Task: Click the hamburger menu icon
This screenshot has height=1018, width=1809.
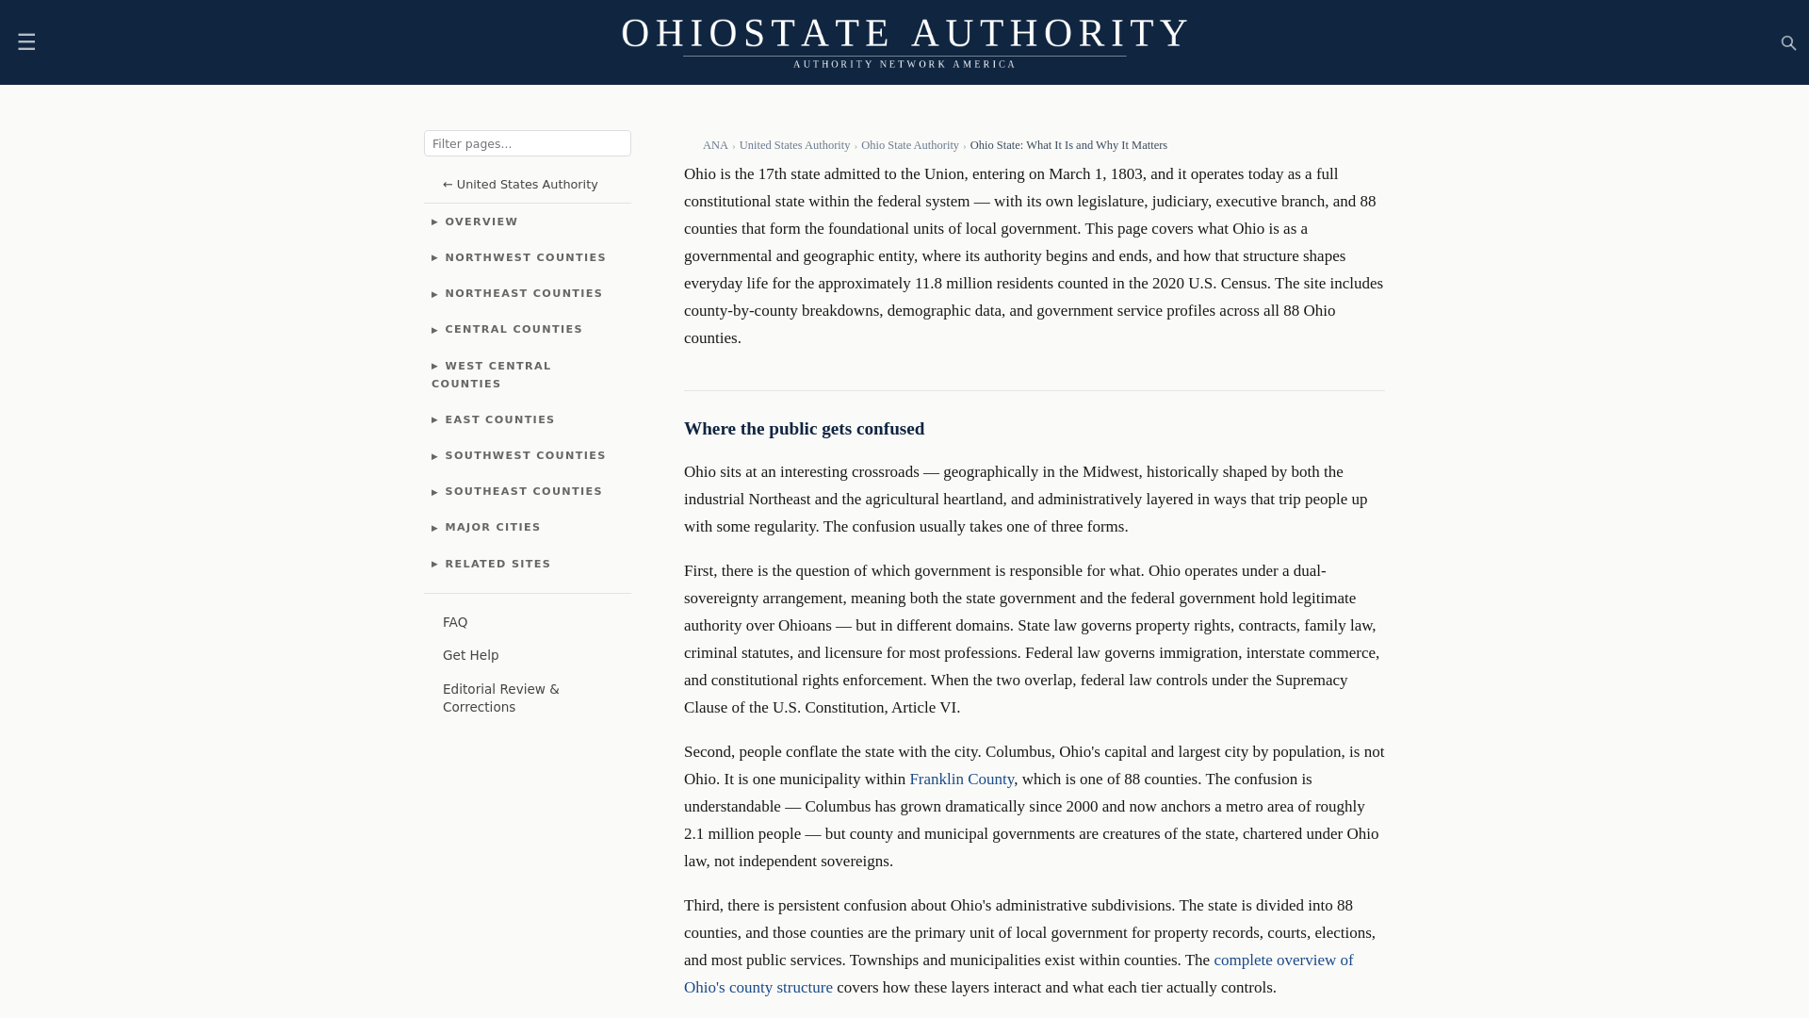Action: coord(26,42)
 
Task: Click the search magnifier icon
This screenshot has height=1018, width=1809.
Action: coord(1788,43)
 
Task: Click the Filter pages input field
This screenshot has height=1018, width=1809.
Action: coord(527,143)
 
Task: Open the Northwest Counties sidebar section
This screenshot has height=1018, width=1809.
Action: coord(525,257)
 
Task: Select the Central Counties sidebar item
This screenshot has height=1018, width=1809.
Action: coord(513,329)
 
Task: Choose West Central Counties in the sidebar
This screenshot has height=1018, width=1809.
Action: coord(497,374)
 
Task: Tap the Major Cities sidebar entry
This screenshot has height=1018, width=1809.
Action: coord(493,527)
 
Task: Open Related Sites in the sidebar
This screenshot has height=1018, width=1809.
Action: coord(497,564)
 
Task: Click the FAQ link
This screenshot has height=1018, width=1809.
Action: coord(455,622)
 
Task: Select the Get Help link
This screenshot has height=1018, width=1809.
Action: coord(470,655)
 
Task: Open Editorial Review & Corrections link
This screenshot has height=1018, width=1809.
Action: coord(500,698)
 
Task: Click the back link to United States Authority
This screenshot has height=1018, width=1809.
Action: coord(520,184)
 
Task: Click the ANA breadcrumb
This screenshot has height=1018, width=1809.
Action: coord(715,145)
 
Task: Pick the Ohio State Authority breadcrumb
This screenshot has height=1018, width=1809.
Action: coord(909,145)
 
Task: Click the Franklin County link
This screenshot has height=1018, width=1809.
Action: coord(961,779)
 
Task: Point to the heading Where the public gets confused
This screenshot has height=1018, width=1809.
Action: coord(804,429)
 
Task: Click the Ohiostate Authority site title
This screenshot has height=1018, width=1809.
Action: coord(904,33)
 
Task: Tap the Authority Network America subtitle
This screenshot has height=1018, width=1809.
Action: coord(904,64)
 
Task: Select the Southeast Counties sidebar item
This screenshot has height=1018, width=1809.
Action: coord(523,491)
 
